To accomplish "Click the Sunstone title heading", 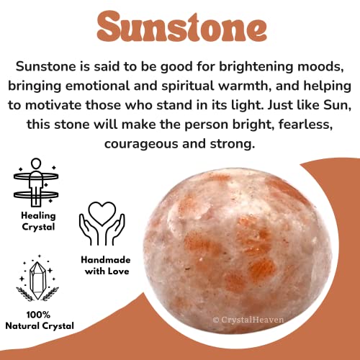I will point(180,27).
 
